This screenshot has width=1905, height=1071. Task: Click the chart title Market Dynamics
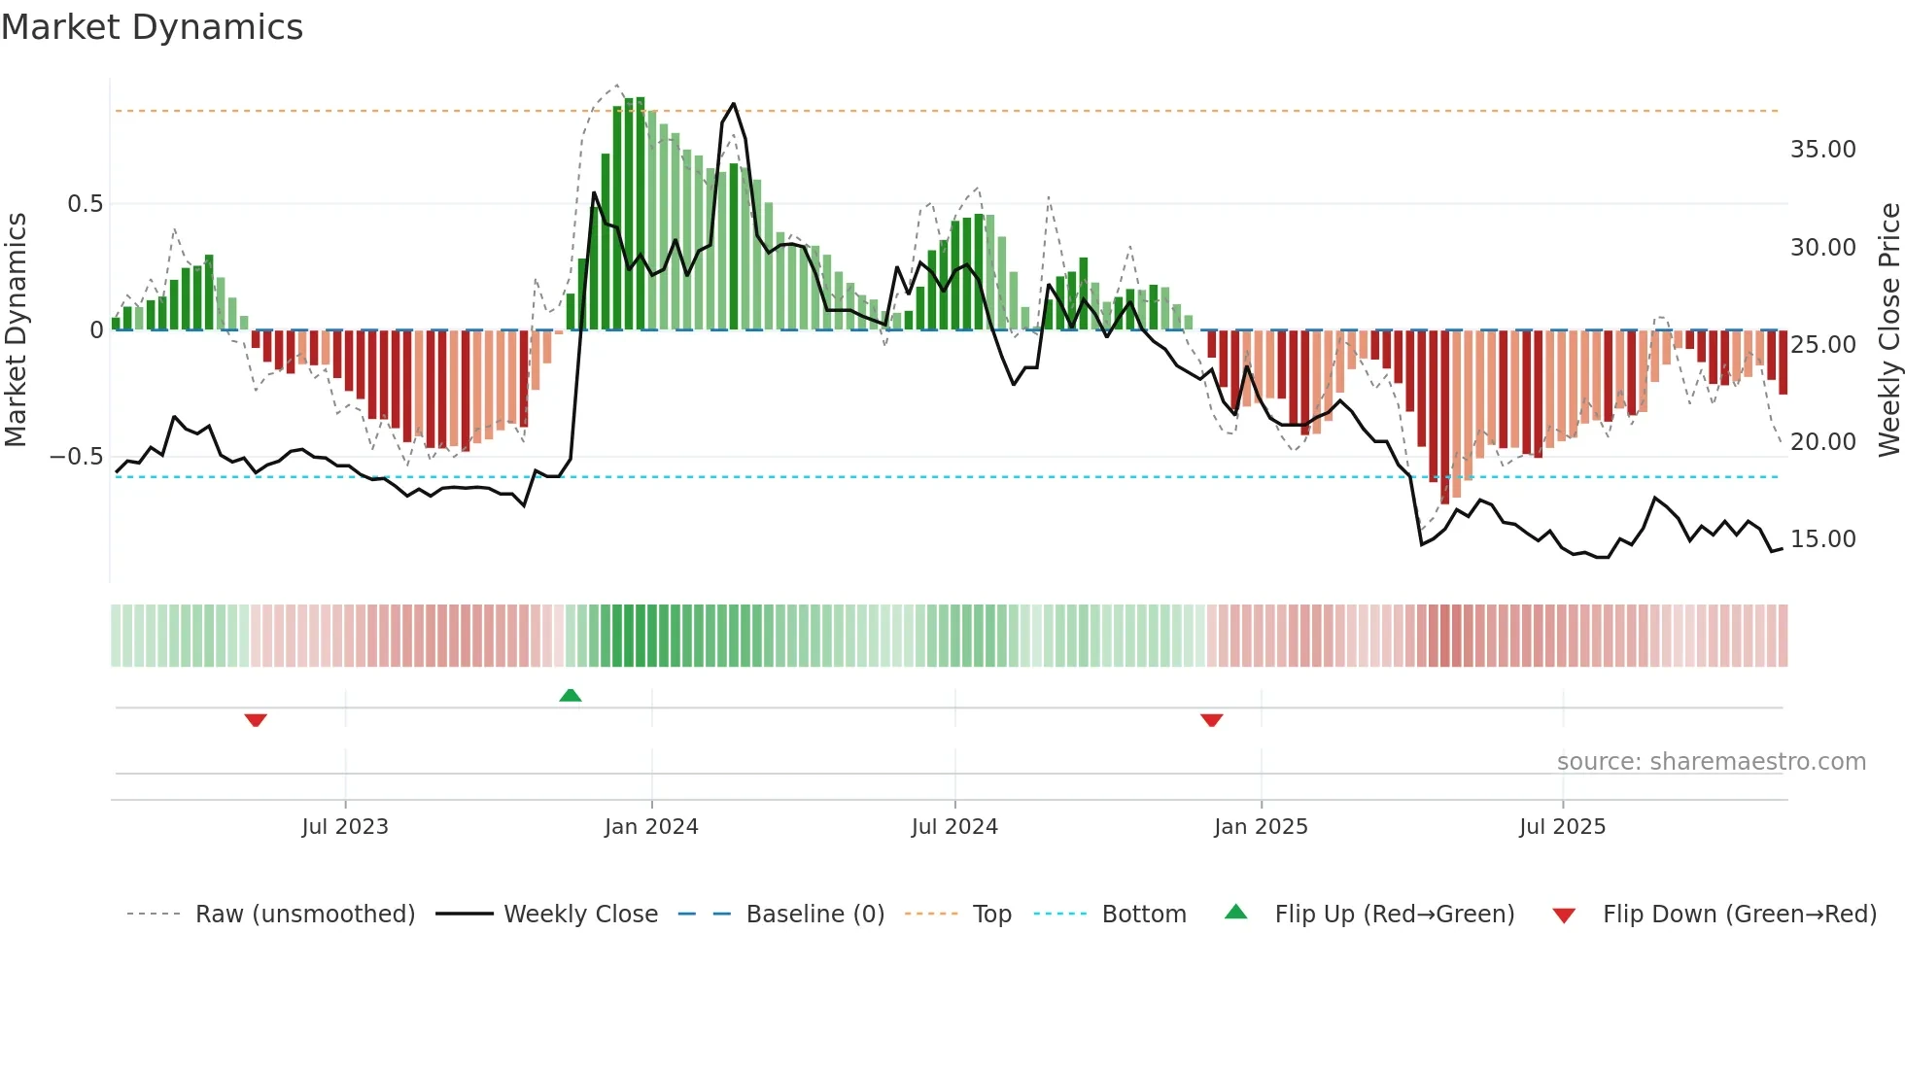point(152,27)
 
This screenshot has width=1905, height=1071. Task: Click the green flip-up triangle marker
point(571,695)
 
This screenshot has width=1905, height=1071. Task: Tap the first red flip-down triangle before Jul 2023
point(256,720)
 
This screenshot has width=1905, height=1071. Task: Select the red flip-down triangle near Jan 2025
point(1211,720)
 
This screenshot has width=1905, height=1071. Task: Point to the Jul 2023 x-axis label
point(344,827)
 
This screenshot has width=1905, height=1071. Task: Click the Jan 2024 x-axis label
point(651,827)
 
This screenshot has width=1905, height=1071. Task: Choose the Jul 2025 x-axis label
point(1562,827)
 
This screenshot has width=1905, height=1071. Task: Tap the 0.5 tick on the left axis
point(85,204)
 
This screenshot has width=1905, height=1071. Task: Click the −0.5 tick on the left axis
point(77,457)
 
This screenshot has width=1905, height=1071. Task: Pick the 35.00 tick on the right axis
point(1822,150)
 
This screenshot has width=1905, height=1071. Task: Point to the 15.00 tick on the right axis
point(1822,539)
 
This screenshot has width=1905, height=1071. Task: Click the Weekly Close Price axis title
point(1888,330)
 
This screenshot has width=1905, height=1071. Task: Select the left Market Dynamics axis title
point(16,330)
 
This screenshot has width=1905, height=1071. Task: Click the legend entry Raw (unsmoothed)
point(304,915)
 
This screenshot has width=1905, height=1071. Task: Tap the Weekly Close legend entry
point(580,915)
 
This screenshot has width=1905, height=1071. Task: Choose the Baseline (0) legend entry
point(814,915)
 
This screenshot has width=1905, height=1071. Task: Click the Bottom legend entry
point(1143,915)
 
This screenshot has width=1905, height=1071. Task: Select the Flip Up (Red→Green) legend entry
point(1394,915)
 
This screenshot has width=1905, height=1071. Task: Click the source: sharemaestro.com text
point(1711,762)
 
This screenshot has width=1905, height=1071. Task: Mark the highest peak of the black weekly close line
point(734,103)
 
